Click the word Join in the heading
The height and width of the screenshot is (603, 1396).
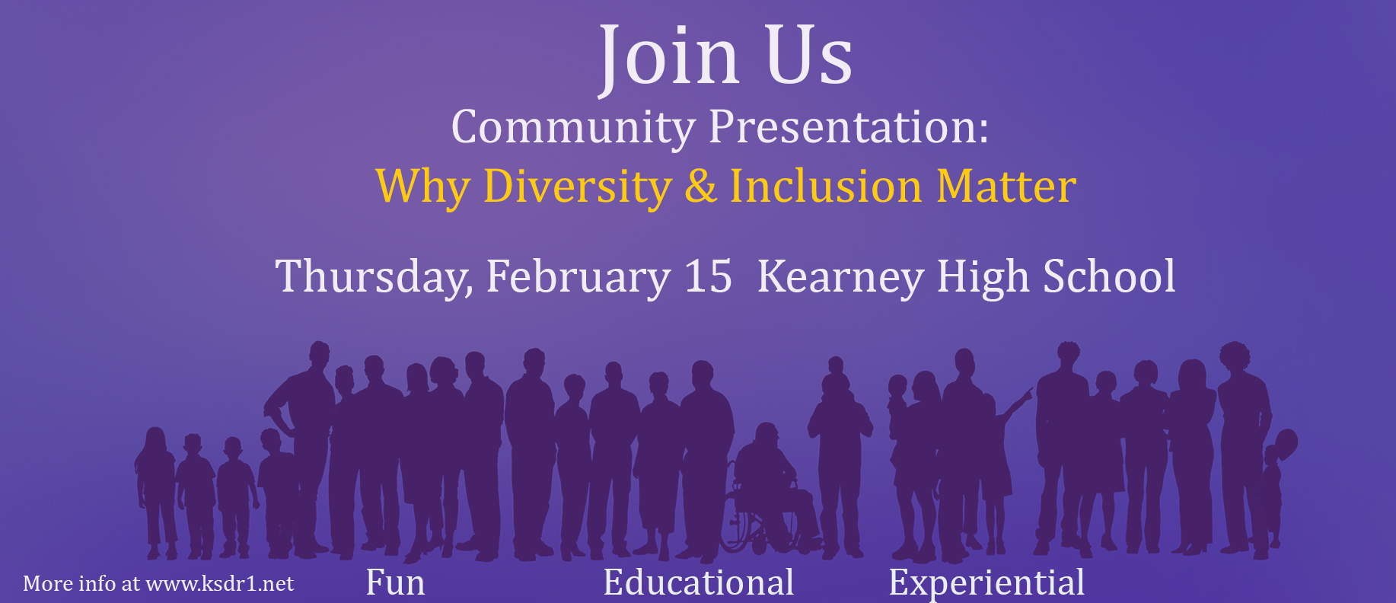(x=668, y=58)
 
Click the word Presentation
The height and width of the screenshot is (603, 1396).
(x=849, y=127)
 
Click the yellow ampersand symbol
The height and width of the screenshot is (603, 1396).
(x=701, y=186)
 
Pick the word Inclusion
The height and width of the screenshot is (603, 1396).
(x=826, y=186)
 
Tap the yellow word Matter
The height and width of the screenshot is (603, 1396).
(x=1006, y=186)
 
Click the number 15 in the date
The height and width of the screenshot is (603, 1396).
(x=708, y=276)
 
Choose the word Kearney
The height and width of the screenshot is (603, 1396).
(x=840, y=277)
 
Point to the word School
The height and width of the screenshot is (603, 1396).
(x=1109, y=276)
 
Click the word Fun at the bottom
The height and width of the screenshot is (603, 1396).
(x=395, y=582)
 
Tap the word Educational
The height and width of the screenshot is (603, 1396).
(x=699, y=582)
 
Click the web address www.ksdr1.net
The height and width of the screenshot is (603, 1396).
(x=219, y=584)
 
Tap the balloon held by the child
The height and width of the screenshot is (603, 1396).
(x=1285, y=444)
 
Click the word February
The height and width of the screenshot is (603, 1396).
(x=578, y=277)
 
